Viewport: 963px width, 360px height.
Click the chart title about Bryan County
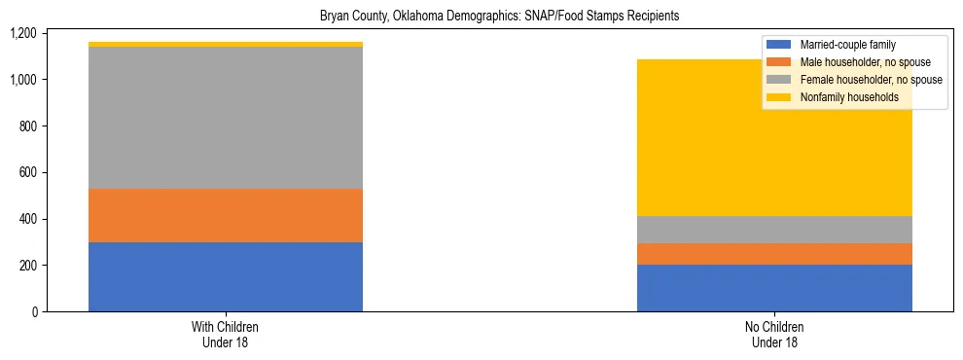tap(499, 16)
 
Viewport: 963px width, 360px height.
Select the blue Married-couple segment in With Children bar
tap(226, 276)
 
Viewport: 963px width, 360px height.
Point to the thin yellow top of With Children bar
tap(226, 44)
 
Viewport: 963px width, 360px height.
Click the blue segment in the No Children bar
tap(774, 288)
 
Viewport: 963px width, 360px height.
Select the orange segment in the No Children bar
tap(774, 254)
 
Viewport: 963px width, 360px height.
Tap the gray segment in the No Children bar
tap(774, 230)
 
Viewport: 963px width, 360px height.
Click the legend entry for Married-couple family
tap(846, 45)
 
